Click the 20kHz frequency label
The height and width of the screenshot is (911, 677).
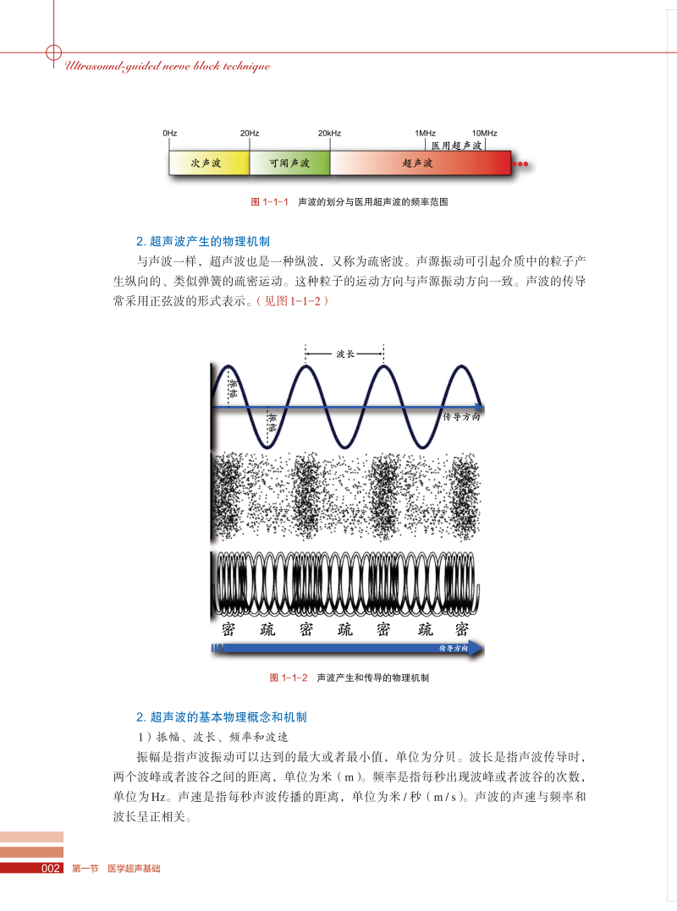329,134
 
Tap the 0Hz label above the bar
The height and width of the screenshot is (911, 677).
169,134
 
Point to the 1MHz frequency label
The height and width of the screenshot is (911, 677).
425,134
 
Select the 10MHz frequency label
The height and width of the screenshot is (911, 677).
484,134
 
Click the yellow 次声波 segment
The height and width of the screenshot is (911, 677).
208,163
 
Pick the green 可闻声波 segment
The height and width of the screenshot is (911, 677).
289,163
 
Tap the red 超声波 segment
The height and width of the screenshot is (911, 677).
419,163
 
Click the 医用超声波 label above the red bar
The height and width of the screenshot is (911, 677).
456,145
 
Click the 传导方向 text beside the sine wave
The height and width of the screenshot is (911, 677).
463,417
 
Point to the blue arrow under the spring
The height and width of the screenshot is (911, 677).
347,649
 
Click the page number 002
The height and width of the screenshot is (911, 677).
50,869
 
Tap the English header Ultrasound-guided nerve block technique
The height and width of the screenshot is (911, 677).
167,66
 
